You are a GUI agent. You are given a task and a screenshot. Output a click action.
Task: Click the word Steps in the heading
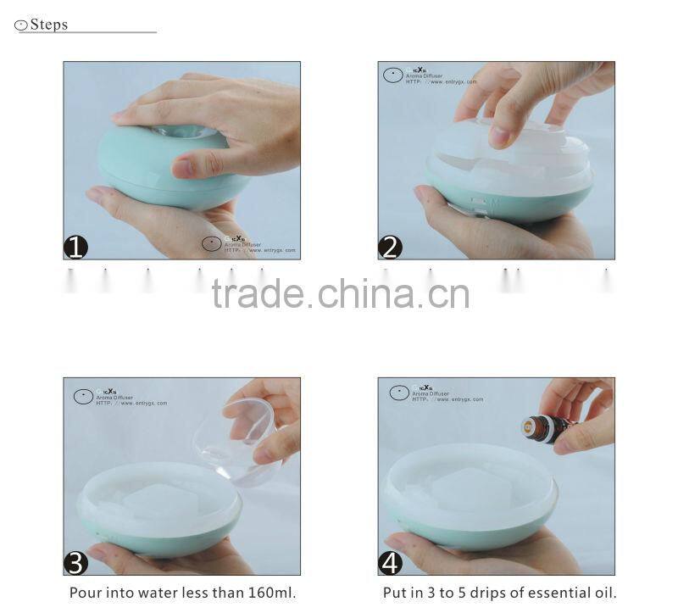(x=49, y=25)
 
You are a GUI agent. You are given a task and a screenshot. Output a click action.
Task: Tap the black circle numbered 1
(x=76, y=247)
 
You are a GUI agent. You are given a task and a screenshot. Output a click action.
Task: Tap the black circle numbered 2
(x=390, y=247)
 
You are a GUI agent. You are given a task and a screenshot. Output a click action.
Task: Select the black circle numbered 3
(x=76, y=562)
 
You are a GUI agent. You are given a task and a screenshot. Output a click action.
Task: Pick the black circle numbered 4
(x=390, y=562)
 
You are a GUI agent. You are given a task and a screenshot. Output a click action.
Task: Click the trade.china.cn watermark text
(x=340, y=294)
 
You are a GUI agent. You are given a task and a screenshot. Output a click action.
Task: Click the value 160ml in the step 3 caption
(x=267, y=593)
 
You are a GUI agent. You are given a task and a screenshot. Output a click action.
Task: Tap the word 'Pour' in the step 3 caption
(x=85, y=593)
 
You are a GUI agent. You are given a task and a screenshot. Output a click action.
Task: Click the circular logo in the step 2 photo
(x=392, y=75)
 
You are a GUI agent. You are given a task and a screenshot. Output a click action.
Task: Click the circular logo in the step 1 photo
(x=212, y=244)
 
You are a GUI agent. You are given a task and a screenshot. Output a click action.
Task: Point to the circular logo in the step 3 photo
(x=83, y=396)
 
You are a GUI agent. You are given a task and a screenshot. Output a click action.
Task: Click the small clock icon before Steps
(x=21, y=25)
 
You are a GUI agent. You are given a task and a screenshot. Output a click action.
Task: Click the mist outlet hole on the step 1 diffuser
(x=183, y=131)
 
